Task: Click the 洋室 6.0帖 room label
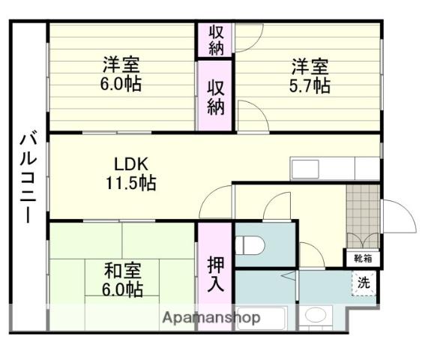121,73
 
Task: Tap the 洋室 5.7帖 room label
310,76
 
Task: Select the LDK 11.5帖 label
131,174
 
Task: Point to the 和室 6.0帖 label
122,280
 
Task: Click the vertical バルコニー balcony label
28,176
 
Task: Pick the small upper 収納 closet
215,40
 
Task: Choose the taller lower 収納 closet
215,96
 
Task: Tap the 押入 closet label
216,274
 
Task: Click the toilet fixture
250,245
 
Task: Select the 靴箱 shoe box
363,259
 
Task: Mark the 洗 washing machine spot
364,283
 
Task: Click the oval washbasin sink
316,315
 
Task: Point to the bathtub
261,318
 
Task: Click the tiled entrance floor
363,216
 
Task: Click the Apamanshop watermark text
211,318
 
